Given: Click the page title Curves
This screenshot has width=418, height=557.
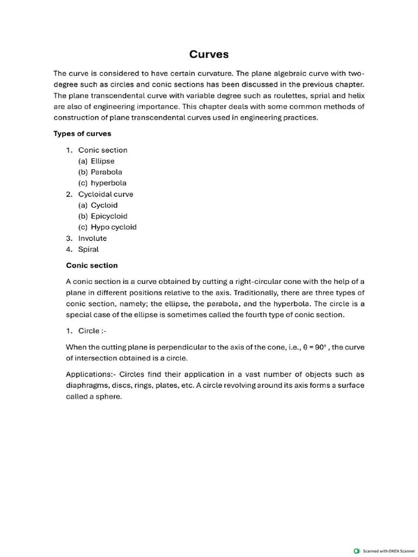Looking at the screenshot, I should tap(209, 54).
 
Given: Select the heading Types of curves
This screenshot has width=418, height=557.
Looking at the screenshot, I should tap(82, 134).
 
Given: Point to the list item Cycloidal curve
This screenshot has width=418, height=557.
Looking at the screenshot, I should tap(106, 194).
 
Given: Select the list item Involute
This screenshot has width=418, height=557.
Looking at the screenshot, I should tap(93, 238).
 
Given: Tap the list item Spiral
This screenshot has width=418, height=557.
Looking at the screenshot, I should tap(89, 249).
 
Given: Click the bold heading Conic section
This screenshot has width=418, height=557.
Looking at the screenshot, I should tap(92, 265).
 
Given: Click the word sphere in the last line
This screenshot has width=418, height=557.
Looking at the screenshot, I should tap(109, 397).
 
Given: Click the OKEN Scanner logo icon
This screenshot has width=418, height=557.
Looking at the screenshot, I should tap(356, 550).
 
